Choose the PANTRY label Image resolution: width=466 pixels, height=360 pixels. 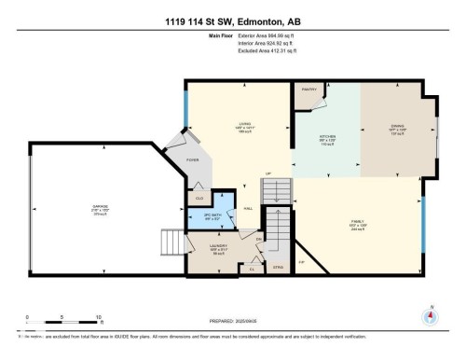(x=309, y=90)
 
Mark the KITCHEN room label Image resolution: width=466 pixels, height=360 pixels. (x=326, y=137)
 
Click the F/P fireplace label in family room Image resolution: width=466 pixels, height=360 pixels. (x=300, y=263)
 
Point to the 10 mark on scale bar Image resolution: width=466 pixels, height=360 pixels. (x=99, y=317)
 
